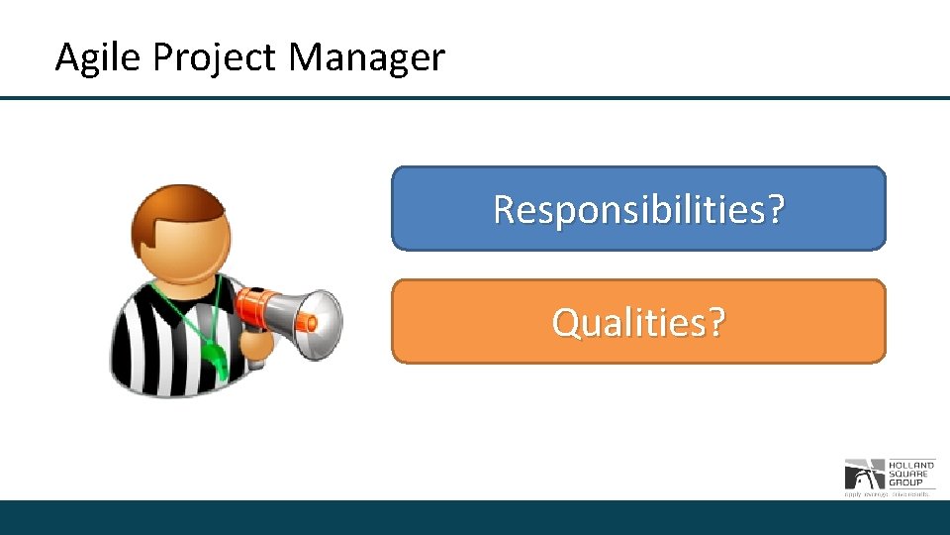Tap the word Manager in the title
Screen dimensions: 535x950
367,57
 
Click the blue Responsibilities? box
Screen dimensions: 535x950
638,208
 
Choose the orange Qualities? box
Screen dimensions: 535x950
638,321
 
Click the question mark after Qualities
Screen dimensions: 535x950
714,322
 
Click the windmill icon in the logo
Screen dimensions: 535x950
859,474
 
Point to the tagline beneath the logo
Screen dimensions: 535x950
887,492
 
